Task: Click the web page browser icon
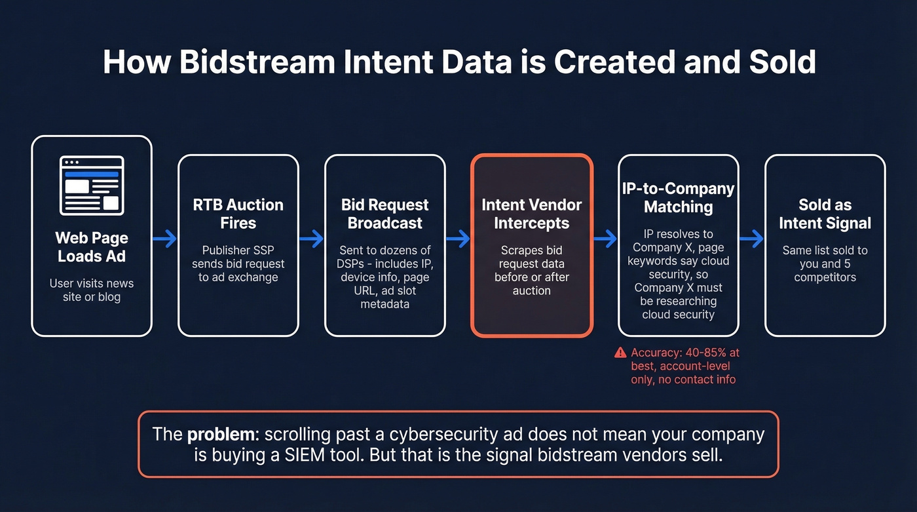[92, 186]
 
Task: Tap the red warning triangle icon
[620, 353]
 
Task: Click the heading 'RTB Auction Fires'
[238, 214]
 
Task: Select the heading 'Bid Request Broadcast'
[385, 214]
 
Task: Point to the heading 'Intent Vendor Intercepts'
[531, 214]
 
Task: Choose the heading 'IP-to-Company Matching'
[679, 198]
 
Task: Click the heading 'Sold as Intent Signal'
[825, 214]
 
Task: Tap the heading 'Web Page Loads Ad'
[92, 246]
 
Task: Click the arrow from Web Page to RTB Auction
[164, 239]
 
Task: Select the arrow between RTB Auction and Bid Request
[311, 239]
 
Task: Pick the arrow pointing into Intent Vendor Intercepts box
[458, 239]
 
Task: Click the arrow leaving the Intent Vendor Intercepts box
[605, 239]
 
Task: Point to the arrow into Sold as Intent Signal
[751, 239]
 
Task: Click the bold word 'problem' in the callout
[213, 434]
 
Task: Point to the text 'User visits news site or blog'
[92, 290]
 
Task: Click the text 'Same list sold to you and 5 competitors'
[825, 264]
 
